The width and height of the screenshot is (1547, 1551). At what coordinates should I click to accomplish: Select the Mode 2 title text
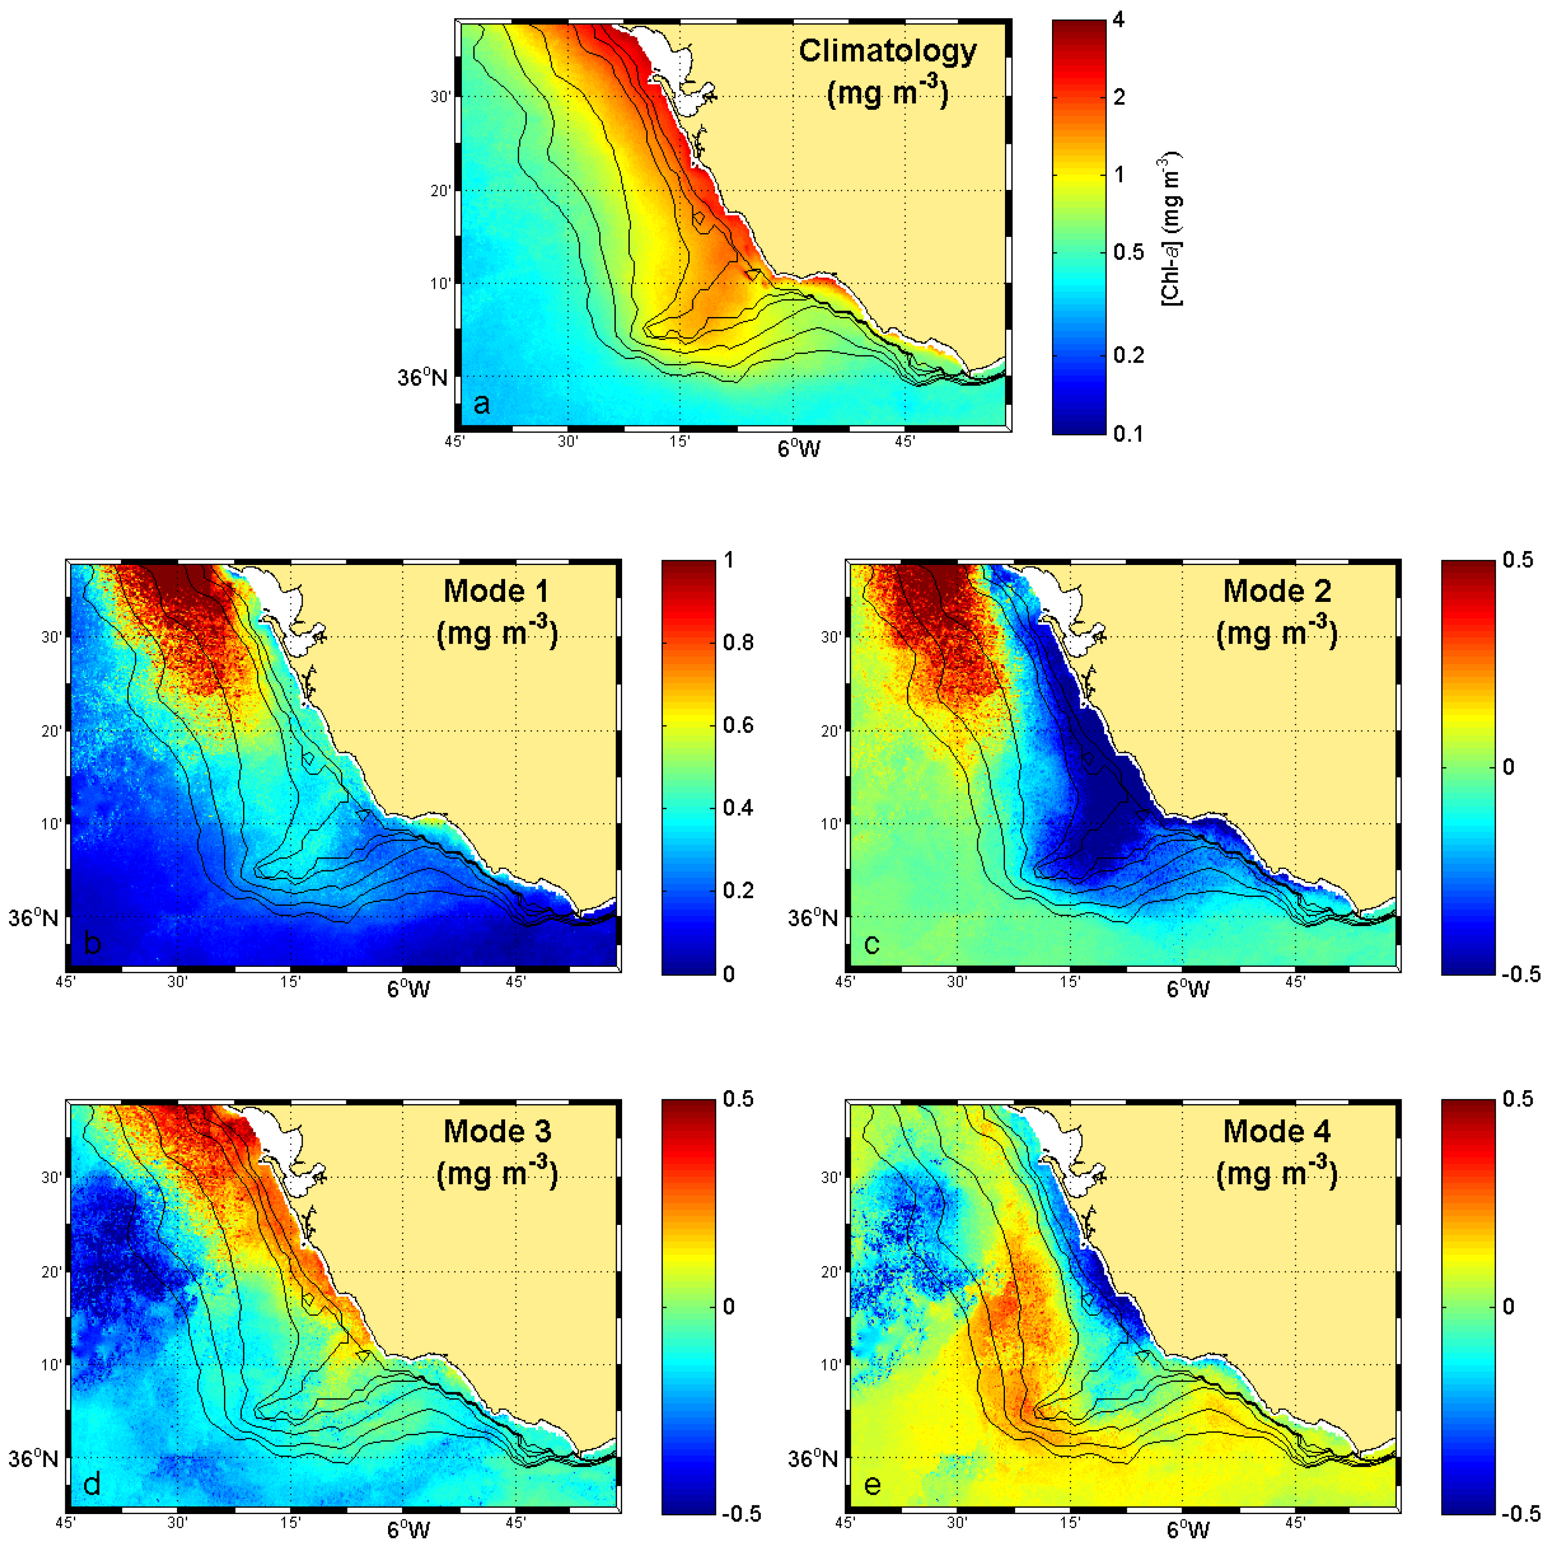click(x=1276, y=592)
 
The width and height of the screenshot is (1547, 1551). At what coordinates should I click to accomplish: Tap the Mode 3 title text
click(x=497, y=1132)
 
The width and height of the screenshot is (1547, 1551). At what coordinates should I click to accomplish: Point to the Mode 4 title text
click(x=1276, y=1132)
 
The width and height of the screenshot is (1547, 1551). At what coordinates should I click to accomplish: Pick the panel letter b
click(x=92, y=943)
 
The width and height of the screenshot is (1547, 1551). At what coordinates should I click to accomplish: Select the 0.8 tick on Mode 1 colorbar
click(x=738, y=643)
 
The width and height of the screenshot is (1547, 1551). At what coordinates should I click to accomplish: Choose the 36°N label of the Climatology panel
click(x=422, y=377)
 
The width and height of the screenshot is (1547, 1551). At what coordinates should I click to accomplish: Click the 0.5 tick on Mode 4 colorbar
click(x=1517, y=1099)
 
